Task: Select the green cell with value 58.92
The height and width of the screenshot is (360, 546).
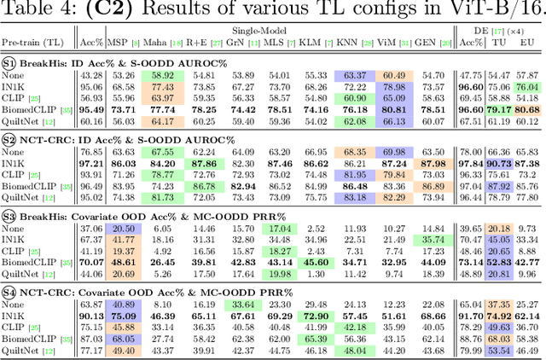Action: (x=162, y=75)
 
